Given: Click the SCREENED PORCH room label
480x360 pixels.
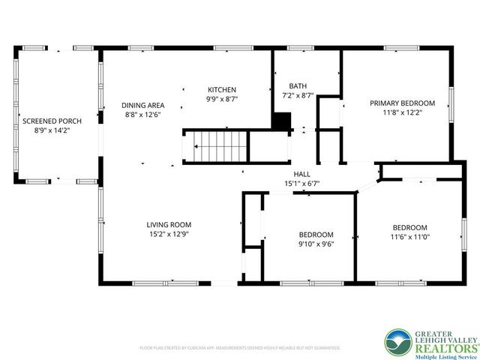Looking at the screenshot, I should tap(52, 121).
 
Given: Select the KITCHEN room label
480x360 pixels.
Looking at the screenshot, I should tap(222, 89).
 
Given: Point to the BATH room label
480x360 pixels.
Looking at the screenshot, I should tap(287, 86).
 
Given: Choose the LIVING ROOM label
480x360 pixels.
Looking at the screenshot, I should tap(169, 224).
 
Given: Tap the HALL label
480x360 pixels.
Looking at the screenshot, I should tap(302, 173).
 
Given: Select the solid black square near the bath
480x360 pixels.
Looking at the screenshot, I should tap(281, 121).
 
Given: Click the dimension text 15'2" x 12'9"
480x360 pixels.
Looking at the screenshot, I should tap(169, 234).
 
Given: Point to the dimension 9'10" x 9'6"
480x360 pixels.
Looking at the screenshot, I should tap(316, 244).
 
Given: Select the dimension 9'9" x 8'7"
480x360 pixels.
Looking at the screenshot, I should tap(222, 99).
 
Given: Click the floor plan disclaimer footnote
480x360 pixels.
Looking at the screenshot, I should tap(240, 348).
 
